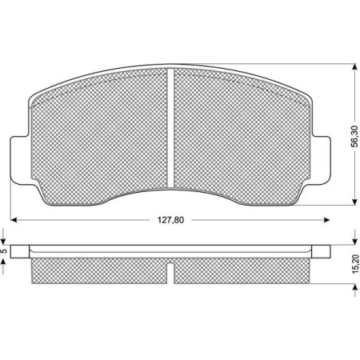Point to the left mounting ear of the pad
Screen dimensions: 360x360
(x=18, y=160)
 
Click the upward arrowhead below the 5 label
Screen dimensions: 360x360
(x=6, y=262)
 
